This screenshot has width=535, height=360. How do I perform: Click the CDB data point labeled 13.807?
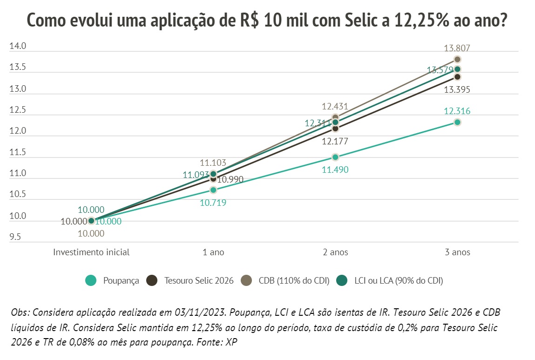(x=457, y=59)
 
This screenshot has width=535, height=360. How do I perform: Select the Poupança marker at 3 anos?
(x=457, y=122)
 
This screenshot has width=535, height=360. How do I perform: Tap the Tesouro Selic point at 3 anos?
(x=457, y=76)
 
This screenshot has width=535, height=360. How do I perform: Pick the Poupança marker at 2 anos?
(x=335, y=157)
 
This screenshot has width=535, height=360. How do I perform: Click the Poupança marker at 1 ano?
(x=213, y=190)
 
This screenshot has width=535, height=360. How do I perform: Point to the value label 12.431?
(x=335, y=107)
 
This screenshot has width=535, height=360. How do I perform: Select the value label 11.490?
(x=335, y=170)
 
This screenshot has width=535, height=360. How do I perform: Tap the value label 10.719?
(x=213, y=203)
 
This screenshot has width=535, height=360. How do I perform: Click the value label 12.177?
(x=335, y=142)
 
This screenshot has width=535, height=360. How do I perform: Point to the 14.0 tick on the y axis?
(x=18, y=47)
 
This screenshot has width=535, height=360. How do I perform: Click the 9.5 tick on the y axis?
(x=15, y=238)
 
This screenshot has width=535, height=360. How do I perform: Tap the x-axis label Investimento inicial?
(x=91, y=252)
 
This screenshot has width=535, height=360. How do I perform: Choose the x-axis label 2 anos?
(x=335, y=252)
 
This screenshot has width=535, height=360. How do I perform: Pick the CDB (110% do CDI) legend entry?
(x=285, y=281)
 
